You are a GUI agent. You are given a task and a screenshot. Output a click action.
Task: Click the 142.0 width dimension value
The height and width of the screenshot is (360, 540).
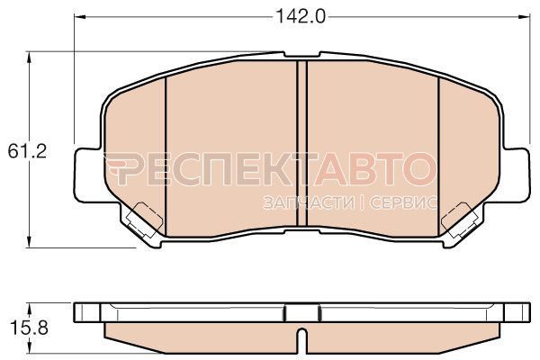301,16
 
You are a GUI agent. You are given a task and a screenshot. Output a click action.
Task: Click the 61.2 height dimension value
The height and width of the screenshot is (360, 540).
27,151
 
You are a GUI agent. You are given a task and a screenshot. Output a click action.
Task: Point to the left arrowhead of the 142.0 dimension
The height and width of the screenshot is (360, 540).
80,16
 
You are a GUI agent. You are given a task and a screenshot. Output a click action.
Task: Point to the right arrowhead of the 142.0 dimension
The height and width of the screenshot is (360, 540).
523,16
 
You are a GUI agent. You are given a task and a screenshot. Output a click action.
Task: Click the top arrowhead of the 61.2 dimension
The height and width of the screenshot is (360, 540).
31,58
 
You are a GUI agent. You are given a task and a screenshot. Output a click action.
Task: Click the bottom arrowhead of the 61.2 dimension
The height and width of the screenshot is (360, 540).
31,241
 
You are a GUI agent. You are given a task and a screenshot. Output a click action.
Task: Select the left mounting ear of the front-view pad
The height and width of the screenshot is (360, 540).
88,175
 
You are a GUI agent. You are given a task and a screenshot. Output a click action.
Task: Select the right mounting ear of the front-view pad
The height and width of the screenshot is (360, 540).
516,175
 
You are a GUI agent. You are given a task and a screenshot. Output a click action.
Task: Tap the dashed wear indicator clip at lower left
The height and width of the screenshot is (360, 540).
144,220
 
